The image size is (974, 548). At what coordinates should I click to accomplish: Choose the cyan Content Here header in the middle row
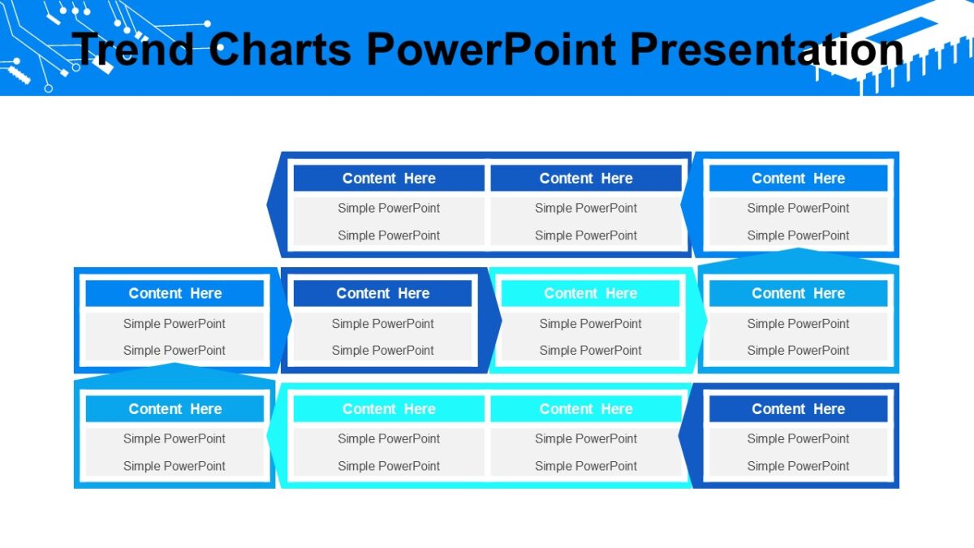point(590,294)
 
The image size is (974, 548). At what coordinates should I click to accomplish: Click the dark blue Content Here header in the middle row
point(382,294)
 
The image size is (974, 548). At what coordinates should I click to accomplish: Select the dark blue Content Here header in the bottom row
point(798,409)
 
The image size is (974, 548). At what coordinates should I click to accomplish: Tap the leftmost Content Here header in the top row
point(389,179)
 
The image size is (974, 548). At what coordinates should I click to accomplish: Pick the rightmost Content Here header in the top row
point(798,179)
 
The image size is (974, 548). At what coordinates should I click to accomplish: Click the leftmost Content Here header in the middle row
point(175,294)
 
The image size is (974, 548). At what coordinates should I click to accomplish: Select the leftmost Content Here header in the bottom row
point(175,409)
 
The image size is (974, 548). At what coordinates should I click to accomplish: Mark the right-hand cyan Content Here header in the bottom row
point(586,409)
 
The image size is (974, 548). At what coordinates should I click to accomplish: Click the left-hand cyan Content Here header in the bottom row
point(389,409)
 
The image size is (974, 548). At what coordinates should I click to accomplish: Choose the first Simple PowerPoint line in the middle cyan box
point(590,324)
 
